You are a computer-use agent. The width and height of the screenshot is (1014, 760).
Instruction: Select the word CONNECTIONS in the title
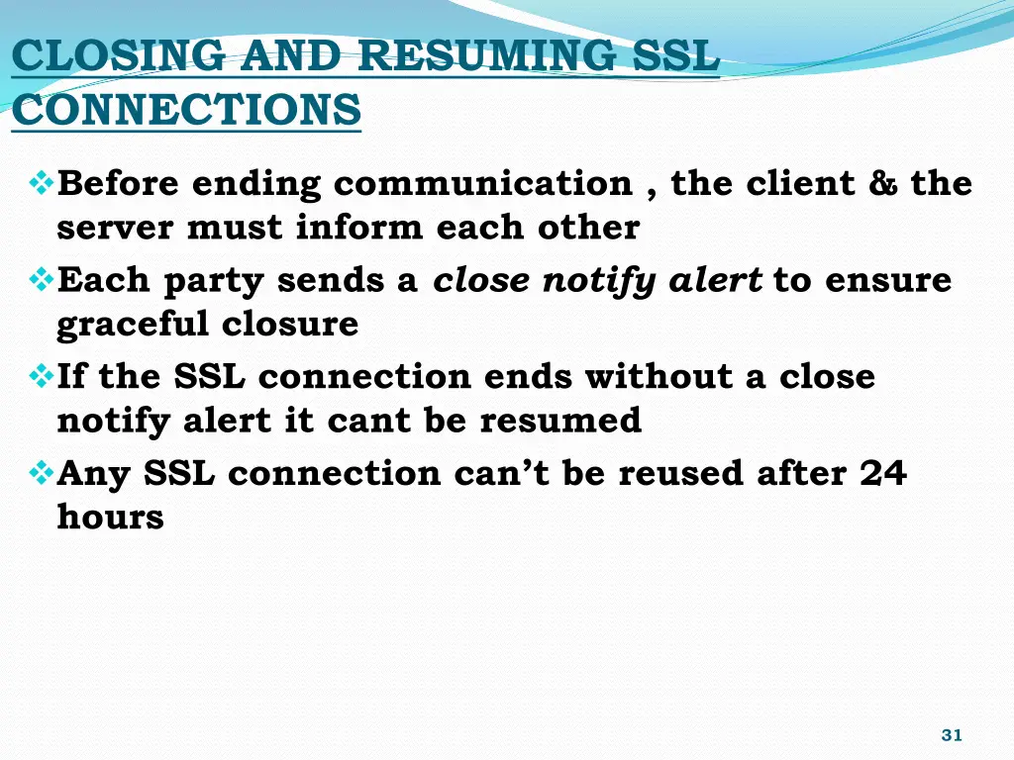coord(187,109)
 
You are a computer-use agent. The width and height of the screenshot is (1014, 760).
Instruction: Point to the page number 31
coord(952,735)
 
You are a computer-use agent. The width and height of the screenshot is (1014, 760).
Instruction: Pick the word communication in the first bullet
coord(483,184)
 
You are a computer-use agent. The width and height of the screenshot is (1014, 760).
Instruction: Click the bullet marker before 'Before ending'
coord(42,183)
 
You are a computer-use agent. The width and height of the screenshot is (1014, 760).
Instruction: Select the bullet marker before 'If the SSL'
coord(42,376)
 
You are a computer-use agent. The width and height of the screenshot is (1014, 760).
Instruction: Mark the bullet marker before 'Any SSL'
coord(42,473)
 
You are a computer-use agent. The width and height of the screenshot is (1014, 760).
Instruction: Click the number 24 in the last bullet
coord(883,474)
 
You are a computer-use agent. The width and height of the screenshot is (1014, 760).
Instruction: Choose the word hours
coord(111,518)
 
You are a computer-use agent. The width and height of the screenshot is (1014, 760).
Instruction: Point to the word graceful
coord(134,325)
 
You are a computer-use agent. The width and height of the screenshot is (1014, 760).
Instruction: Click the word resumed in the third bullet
coord(560,422)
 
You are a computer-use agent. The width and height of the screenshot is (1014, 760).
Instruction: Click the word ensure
coord(888,281)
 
